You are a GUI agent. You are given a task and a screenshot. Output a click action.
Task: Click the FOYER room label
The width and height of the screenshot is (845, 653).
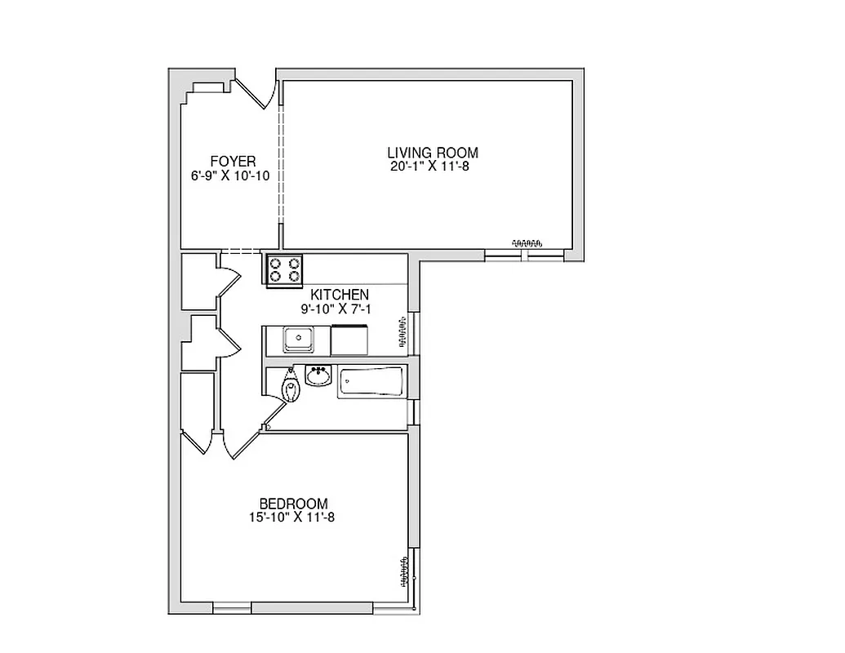[x=233, y=162]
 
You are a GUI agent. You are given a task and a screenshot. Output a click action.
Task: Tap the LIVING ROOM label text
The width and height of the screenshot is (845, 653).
[x=432, y=153]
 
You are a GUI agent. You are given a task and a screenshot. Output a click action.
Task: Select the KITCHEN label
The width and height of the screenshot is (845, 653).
[x=339, y=295]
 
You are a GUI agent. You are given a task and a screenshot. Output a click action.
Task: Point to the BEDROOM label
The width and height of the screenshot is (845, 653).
[x=293, y=504]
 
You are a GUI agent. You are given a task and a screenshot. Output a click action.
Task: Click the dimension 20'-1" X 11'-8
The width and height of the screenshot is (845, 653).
[x=432, y=167]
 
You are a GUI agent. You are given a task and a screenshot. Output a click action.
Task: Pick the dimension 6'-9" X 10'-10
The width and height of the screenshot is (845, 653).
[x=231, y=175]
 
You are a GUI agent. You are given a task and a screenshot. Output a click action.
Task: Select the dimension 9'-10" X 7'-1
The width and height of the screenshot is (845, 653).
[x=336, y=309]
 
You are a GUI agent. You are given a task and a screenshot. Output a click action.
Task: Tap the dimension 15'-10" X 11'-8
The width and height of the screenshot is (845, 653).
[x=292, y=517]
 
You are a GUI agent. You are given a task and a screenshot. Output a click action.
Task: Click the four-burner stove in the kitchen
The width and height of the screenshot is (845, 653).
[x=284, y=269]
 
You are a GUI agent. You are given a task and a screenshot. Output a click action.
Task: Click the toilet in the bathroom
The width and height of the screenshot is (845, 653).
[x=291, y=387]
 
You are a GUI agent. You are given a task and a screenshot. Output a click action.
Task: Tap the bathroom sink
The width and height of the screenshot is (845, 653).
[x=318, y=376]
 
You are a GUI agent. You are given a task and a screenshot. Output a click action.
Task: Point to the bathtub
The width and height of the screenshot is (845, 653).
[x=371, y=382]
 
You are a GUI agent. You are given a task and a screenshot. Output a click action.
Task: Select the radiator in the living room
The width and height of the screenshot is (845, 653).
[x=527, y=242]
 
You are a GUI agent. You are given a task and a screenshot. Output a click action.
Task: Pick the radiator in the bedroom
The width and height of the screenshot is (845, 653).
[x=403, y=572]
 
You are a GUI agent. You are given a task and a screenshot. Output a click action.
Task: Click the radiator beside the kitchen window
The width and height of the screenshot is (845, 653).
[x=402, y=334]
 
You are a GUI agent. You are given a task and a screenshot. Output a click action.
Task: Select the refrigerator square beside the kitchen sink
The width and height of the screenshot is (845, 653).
[x=350, y=339]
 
